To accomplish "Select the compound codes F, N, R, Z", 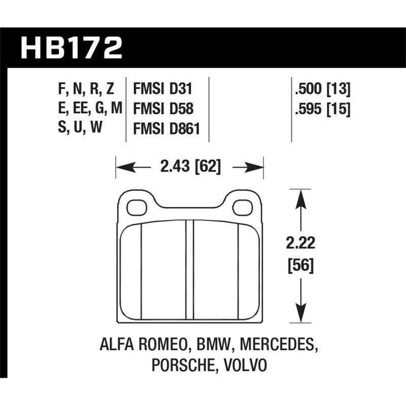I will click(x=86, y=90).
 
